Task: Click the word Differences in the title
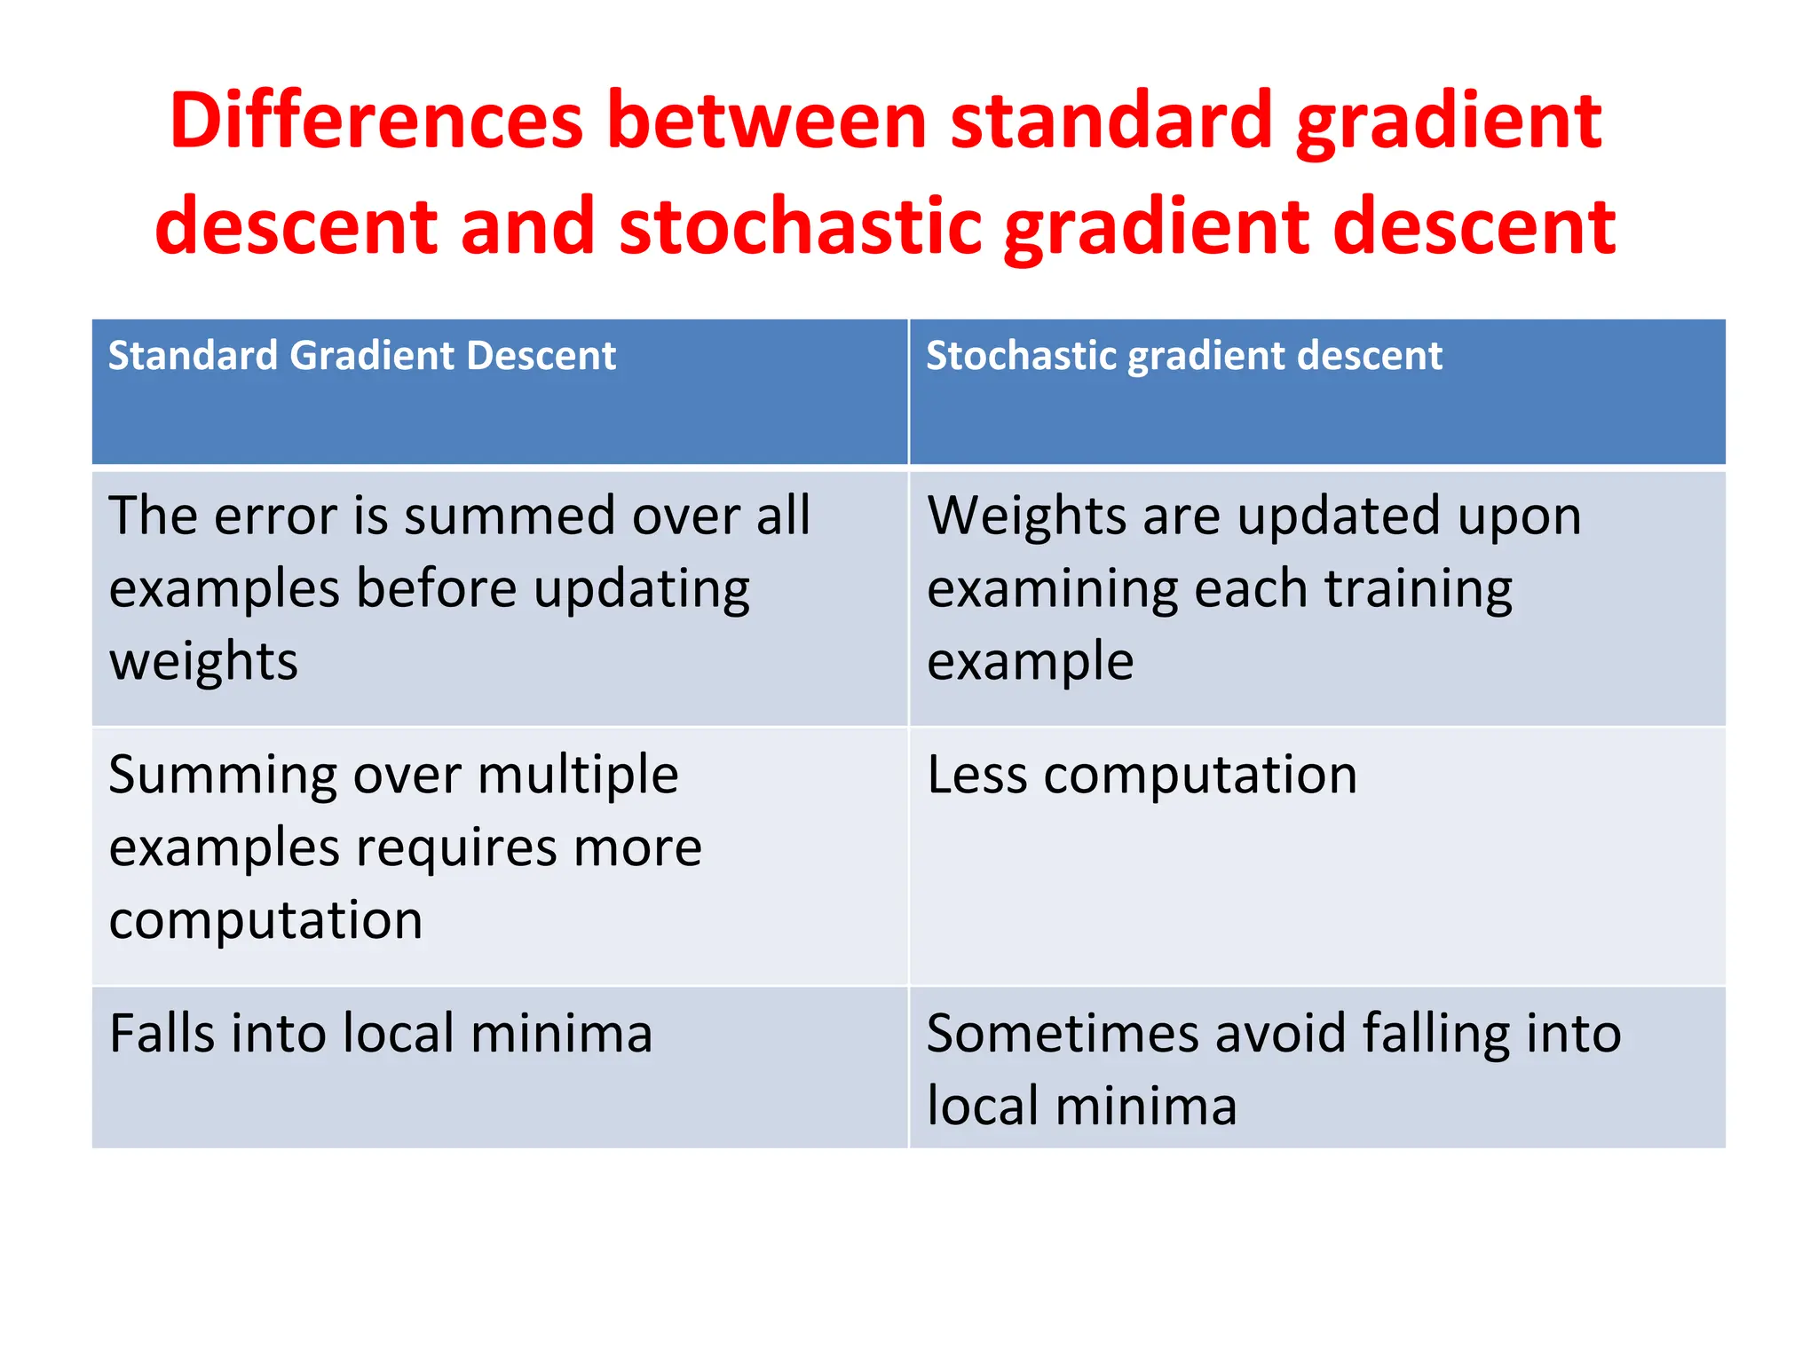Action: [375, 122]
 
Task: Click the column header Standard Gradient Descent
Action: [361, 357]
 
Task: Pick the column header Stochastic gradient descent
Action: [1183, 357]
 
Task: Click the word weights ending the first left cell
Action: [203, 662]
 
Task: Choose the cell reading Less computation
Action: [1142, 776]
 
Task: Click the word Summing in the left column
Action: [223, 776]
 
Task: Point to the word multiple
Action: [578, 776]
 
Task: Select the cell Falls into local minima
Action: [381, 1035]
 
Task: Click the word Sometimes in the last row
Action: [1063, 1035]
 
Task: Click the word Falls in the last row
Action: [162, 1035]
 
